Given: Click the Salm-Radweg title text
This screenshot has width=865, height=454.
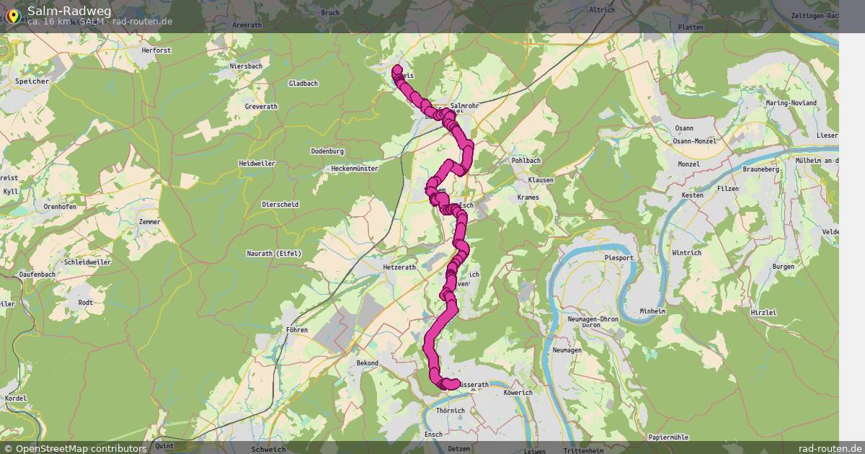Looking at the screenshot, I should (69, 11).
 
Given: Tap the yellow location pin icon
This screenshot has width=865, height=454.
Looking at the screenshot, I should (13, 14).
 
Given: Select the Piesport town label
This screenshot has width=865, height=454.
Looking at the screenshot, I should (619, 257).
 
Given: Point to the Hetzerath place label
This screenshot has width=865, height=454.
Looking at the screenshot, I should (399, 267).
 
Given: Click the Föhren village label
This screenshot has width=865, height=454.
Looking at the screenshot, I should (296, 330).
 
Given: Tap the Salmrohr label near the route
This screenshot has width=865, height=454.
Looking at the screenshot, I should (464, 106).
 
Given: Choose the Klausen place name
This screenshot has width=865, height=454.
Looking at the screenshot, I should (541, 179).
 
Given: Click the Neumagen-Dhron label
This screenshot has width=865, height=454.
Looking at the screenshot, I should (593, 319).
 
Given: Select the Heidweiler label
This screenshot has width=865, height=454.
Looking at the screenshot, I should (257, 164).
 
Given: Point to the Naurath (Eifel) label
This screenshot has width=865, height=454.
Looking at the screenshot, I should (274, 253).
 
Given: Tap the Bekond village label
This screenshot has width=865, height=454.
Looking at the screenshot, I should (367, 363).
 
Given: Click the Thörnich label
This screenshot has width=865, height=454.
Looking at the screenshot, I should (451, 411).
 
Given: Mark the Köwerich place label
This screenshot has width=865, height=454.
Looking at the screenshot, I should (518, 393).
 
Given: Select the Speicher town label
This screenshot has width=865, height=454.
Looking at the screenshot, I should (32, 81).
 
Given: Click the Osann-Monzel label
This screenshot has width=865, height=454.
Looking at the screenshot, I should (694, 141).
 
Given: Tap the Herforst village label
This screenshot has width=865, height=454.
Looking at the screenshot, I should (156, 50).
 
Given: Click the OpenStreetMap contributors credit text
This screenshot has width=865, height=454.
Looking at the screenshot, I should (81, 448).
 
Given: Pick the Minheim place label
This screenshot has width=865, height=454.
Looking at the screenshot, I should (653, 311).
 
